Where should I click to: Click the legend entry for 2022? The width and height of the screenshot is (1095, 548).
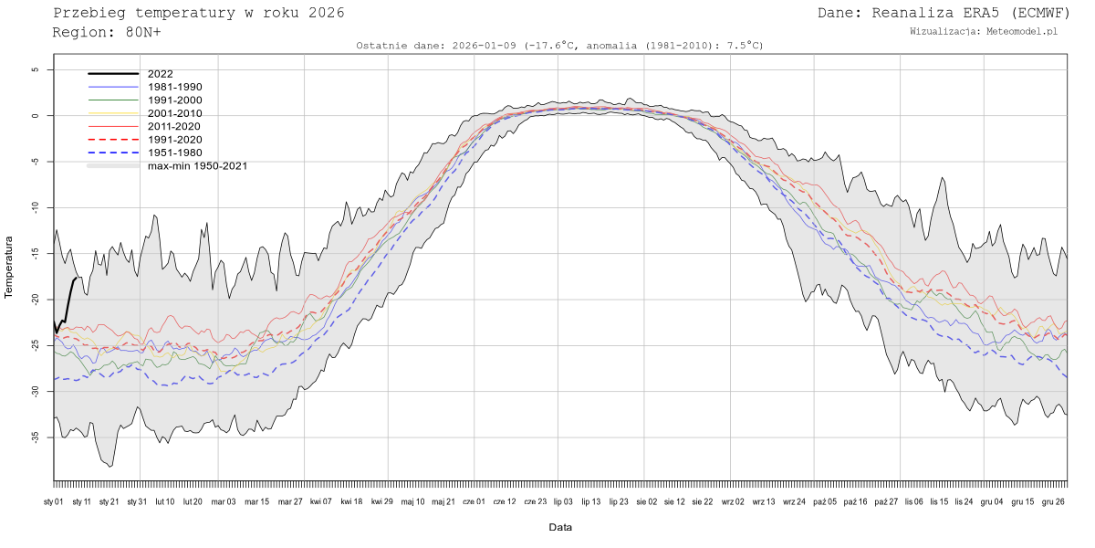(160, 74)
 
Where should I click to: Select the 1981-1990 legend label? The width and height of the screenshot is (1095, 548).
(174, 87)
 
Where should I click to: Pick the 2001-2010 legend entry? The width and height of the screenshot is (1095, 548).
(174, 113)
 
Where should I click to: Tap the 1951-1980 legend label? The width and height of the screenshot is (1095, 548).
(174, 153)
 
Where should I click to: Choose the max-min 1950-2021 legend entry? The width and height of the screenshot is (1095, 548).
(197, 166)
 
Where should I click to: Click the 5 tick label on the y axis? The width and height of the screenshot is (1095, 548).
(36, 69)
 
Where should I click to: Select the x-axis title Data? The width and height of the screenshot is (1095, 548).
(560, 527)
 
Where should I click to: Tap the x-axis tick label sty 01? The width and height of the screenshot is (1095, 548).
(54, 501)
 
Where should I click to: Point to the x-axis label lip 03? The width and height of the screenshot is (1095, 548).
(563, 501)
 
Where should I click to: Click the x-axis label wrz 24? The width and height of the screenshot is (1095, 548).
(794, 501)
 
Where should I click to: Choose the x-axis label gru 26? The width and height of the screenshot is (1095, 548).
(1053, 501)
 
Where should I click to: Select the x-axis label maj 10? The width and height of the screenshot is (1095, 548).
(413, 501)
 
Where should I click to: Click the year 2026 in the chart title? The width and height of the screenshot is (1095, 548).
(327, 13)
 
